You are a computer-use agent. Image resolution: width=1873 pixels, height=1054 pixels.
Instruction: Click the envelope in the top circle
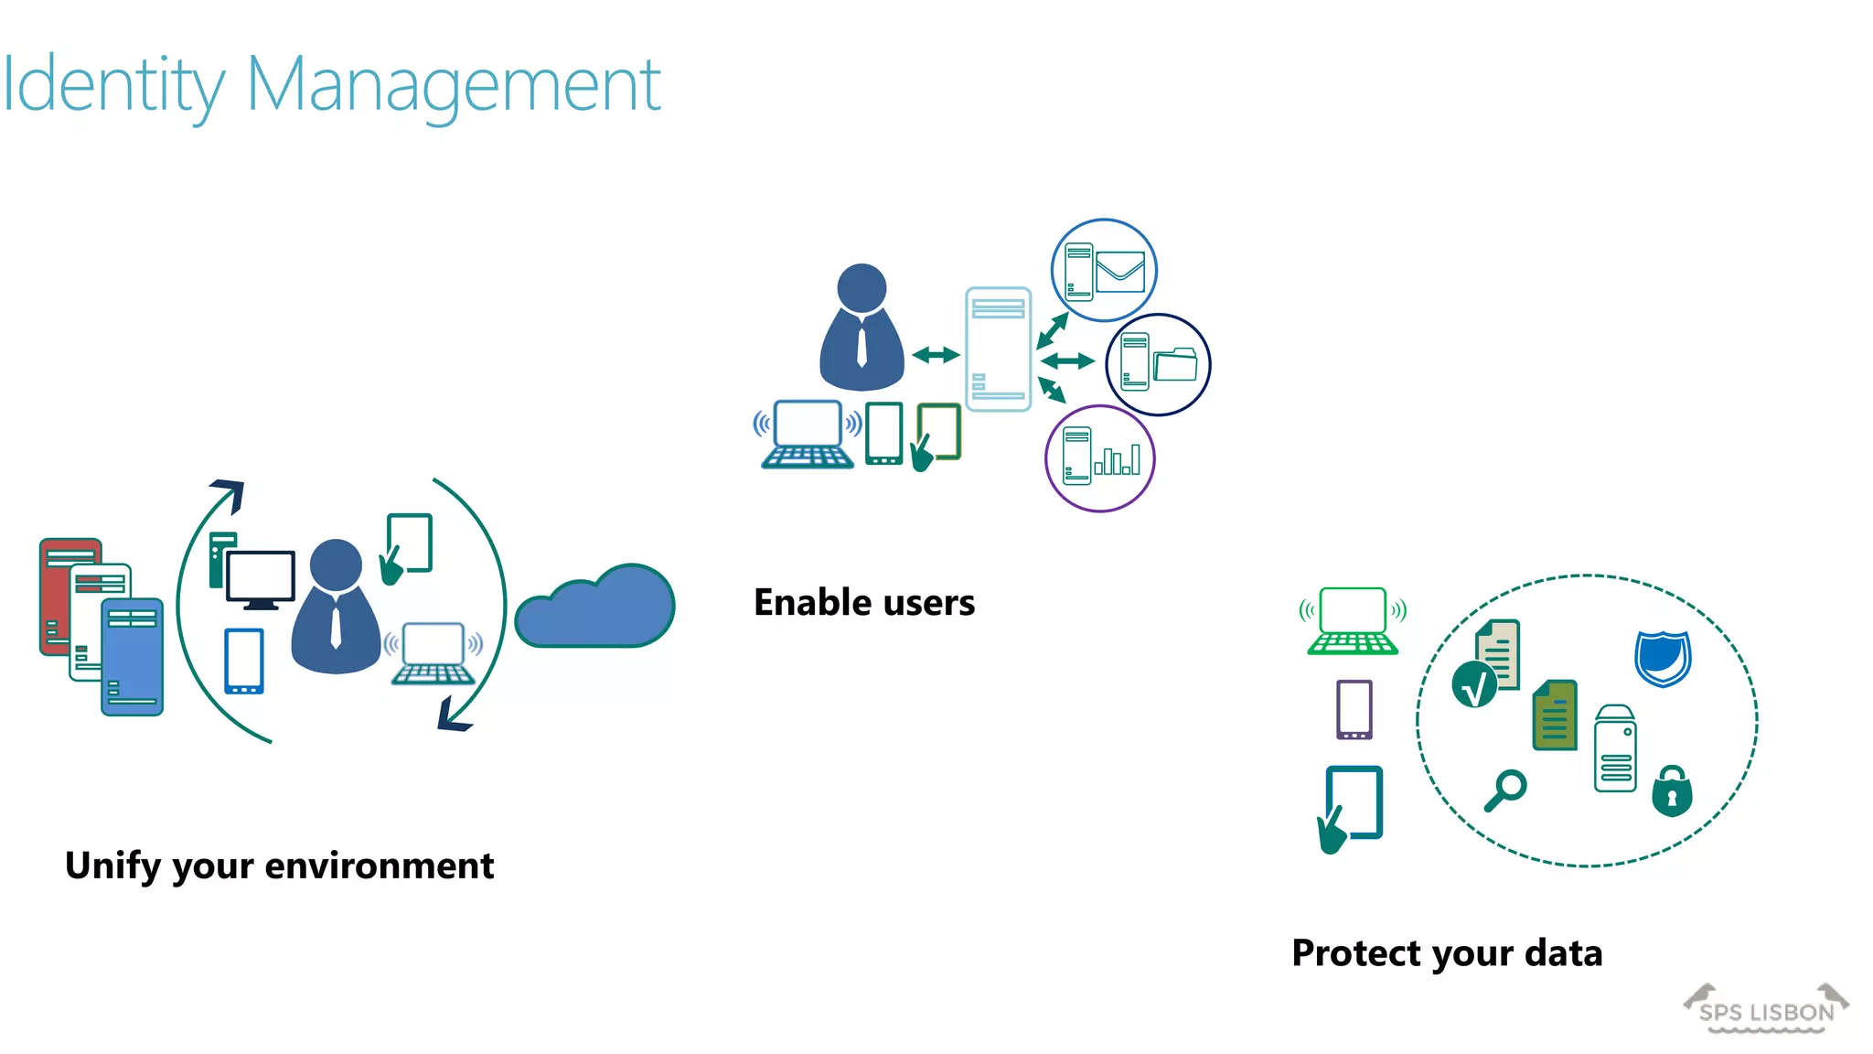point(1120,272)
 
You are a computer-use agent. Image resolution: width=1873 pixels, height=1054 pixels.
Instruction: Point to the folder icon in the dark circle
point(1175,364)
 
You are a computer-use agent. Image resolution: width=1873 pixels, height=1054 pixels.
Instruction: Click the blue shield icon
point(1663,657)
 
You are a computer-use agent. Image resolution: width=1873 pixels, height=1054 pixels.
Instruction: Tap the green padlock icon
point(1672,791)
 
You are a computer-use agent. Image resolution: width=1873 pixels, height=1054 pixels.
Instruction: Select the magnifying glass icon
point(1505,790)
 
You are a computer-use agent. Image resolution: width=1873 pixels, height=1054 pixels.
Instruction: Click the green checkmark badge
point(1474,685)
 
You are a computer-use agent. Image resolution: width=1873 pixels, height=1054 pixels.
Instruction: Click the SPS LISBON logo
point(1766,1010)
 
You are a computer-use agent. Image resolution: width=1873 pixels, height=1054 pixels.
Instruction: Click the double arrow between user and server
point(936,354)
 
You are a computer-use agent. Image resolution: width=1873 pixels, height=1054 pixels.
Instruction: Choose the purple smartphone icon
point(1354,709)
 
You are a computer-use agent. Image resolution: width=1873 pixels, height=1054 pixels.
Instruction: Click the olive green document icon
point(1555,715)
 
